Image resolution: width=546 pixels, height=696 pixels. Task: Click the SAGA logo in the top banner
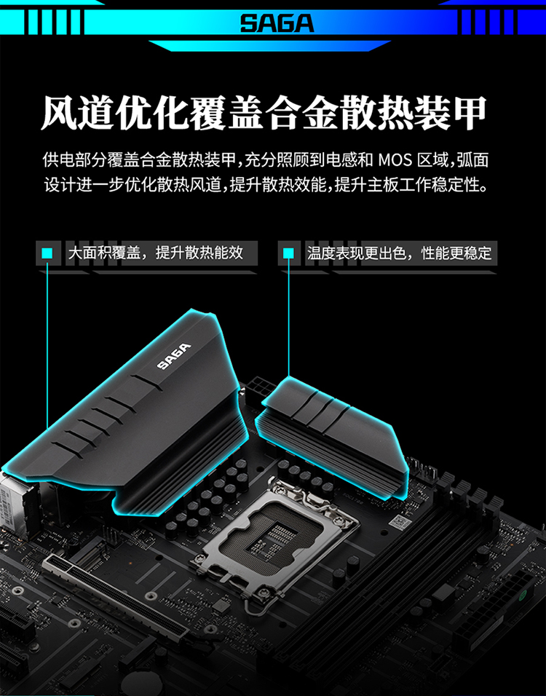tap(277, 23)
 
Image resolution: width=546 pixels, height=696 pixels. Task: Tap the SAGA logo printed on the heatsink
tap(175, 356)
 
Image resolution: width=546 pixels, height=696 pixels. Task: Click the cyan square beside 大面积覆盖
tap(47, 253)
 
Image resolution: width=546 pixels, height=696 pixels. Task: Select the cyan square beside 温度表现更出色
tap(288, 253)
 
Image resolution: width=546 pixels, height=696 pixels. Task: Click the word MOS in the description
tap(395, 159)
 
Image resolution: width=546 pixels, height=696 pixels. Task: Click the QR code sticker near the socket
tap(400, 523)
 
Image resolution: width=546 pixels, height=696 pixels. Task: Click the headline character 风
tap(58, 113)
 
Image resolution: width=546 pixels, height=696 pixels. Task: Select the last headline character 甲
tap(470, 113)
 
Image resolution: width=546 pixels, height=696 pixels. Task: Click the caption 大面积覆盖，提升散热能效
tap(156, 253)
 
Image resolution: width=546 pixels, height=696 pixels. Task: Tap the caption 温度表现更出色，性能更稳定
tap(400, 253)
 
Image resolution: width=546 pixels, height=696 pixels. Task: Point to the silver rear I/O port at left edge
tap(13, 504)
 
